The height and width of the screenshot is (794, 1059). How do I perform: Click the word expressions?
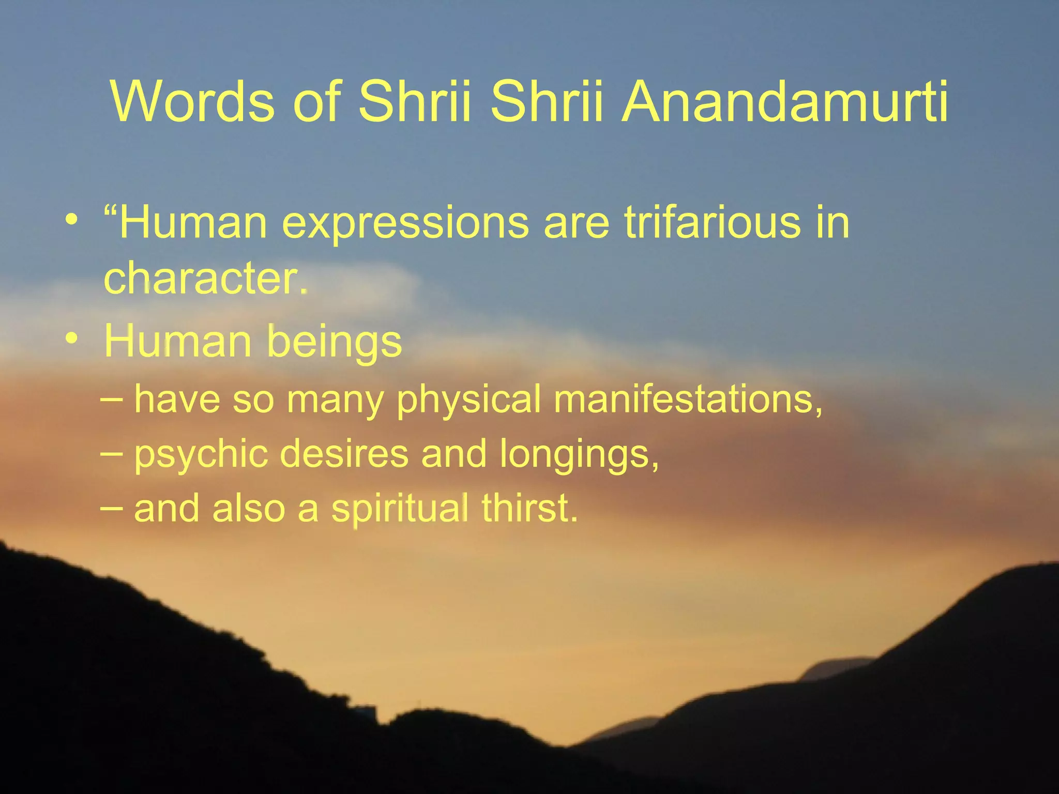[405, 223]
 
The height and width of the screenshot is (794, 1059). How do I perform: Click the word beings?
[334, 342]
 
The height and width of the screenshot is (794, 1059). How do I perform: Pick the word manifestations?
[688, 399]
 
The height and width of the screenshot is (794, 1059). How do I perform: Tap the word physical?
[469, 400]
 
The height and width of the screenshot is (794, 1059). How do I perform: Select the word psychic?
[201, 454]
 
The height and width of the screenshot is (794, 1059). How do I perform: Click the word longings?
[579, 454]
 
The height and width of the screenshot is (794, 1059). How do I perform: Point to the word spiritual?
[400, 509]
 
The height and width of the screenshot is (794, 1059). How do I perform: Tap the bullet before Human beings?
[72, 339]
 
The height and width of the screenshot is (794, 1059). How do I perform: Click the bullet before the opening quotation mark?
[72, 220]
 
